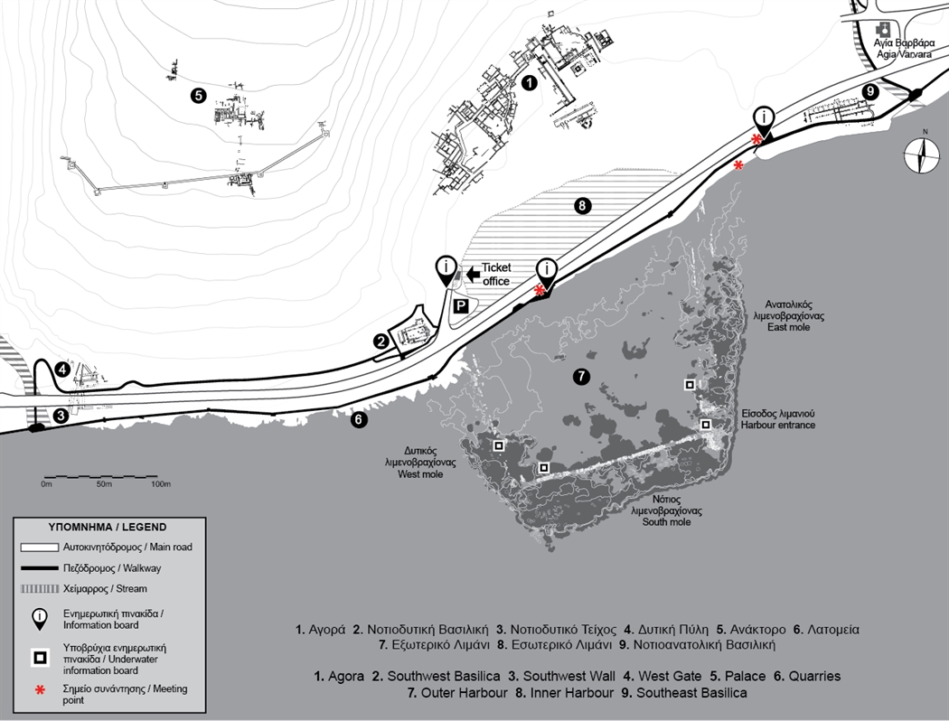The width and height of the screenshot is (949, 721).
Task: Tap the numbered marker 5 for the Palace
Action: (199, 94)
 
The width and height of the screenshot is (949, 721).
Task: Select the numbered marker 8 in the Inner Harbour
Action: (583, 206)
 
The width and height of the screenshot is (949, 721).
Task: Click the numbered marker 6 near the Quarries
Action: (359, 418)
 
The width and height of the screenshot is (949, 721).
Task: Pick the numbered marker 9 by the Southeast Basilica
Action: (870, 91)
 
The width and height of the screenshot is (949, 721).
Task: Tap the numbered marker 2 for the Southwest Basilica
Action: (382, 341)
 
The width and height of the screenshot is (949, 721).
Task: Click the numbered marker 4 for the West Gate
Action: (61, 369)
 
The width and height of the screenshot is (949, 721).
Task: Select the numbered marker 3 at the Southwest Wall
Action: (60, 416)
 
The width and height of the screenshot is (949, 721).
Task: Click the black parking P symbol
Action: (459, 306)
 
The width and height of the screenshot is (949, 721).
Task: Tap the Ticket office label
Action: (496, 274)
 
